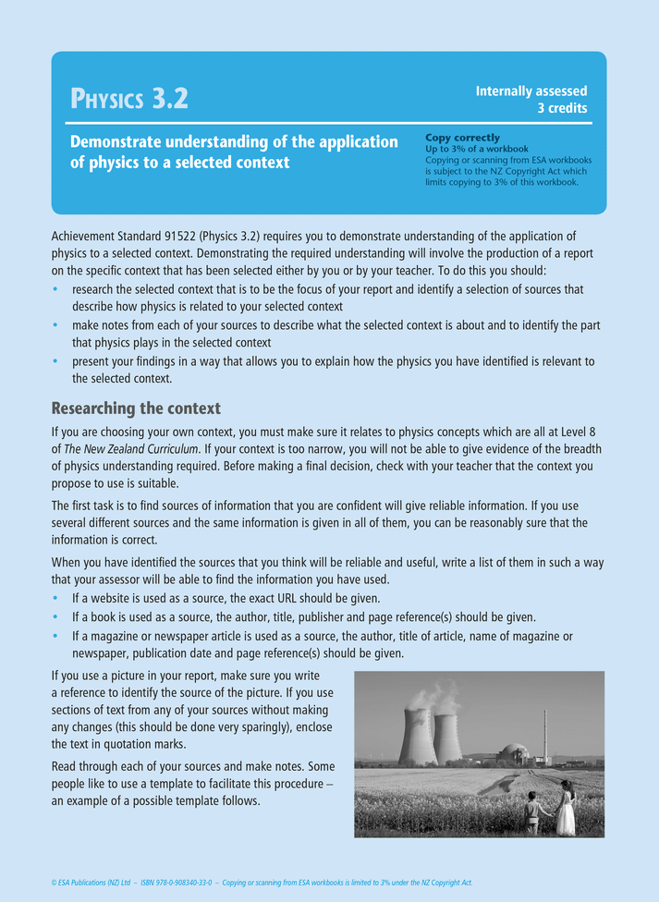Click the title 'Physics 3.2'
pos(129,97)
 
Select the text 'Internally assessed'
pos(531,91)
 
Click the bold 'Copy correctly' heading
pos(462,138)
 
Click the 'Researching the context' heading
pos(136,408)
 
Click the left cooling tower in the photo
pos(418,737)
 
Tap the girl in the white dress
pos(566,810)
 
